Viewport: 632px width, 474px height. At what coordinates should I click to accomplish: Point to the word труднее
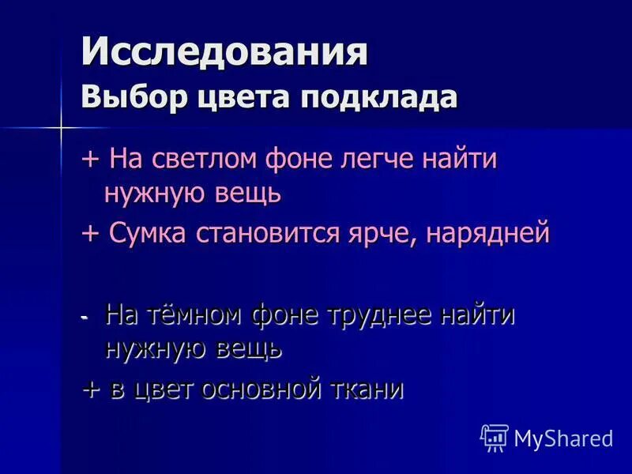373,315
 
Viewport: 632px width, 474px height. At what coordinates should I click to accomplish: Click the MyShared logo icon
494,437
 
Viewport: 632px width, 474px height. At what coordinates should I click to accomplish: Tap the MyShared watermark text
563,438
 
